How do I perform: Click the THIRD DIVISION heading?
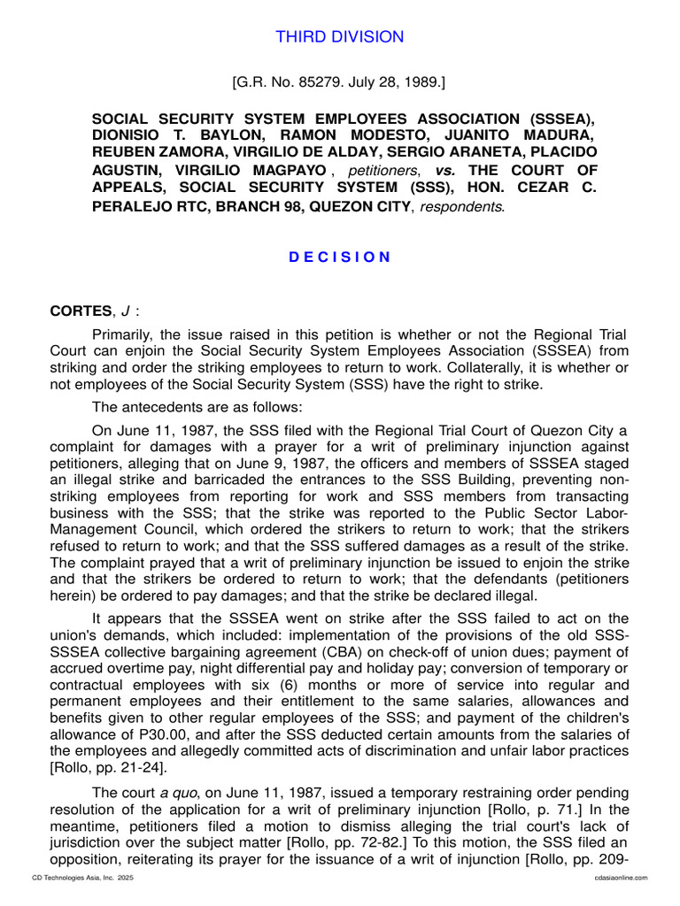[x=340, y=37]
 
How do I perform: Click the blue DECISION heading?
[x=340, y=257]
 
